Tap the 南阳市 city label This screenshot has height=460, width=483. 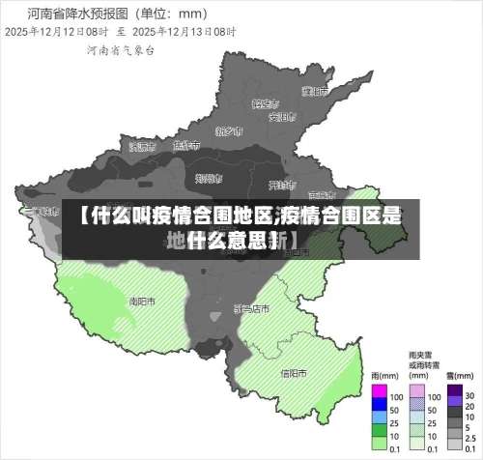coord(142,301)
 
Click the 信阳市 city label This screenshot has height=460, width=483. coord(293,372)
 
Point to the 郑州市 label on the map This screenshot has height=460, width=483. coord(208,178)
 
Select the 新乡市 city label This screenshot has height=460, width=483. coord(228,129)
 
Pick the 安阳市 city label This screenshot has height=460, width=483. coord(280,118)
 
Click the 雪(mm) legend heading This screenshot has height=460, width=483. coord(454,377)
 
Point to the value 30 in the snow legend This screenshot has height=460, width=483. coord(470,396)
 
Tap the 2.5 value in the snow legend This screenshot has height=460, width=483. coord(471,437)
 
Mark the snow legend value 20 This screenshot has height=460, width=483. coord(469,410)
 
